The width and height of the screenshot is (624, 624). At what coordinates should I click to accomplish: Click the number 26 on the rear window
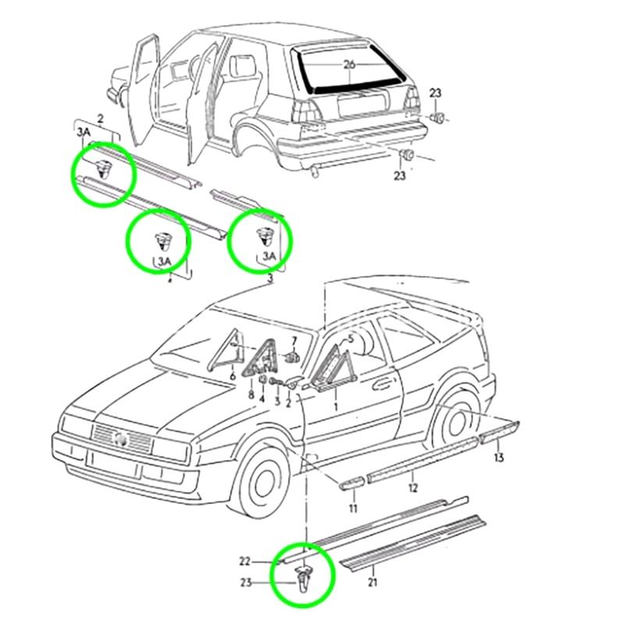coord(349,66)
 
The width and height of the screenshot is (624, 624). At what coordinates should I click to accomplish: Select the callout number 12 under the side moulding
coord(413,487)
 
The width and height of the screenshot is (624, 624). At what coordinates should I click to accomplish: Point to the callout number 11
coord(353,509)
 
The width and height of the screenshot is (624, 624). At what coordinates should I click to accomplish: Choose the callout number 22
coord(245,561)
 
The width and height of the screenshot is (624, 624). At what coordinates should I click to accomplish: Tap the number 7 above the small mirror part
coord(294,341)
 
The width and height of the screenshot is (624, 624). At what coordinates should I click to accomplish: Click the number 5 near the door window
coord(350,339)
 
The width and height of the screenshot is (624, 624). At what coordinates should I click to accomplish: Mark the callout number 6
coord(232,377)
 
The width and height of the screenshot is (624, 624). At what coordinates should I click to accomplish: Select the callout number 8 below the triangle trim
coord(251,395)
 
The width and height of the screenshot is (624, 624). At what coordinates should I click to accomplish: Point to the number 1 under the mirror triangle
coord(336,406)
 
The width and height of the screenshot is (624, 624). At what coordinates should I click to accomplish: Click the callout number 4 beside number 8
coord(263,399)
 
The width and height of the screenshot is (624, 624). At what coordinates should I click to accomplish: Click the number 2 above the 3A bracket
coord(100,118)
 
